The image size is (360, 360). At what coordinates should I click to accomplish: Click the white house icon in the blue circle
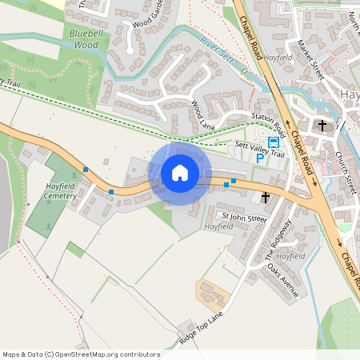click(x=180, y=173)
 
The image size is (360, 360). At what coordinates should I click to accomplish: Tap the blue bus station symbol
click(x=274, y=142)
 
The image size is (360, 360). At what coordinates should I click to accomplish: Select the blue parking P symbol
click(x=259, y=158)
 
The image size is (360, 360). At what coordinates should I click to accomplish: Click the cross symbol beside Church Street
click(x=322, y=126)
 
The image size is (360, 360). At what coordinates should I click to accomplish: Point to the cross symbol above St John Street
click(x=265, y=197)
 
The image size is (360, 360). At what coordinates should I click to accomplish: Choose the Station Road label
click(x=268, y=122)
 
